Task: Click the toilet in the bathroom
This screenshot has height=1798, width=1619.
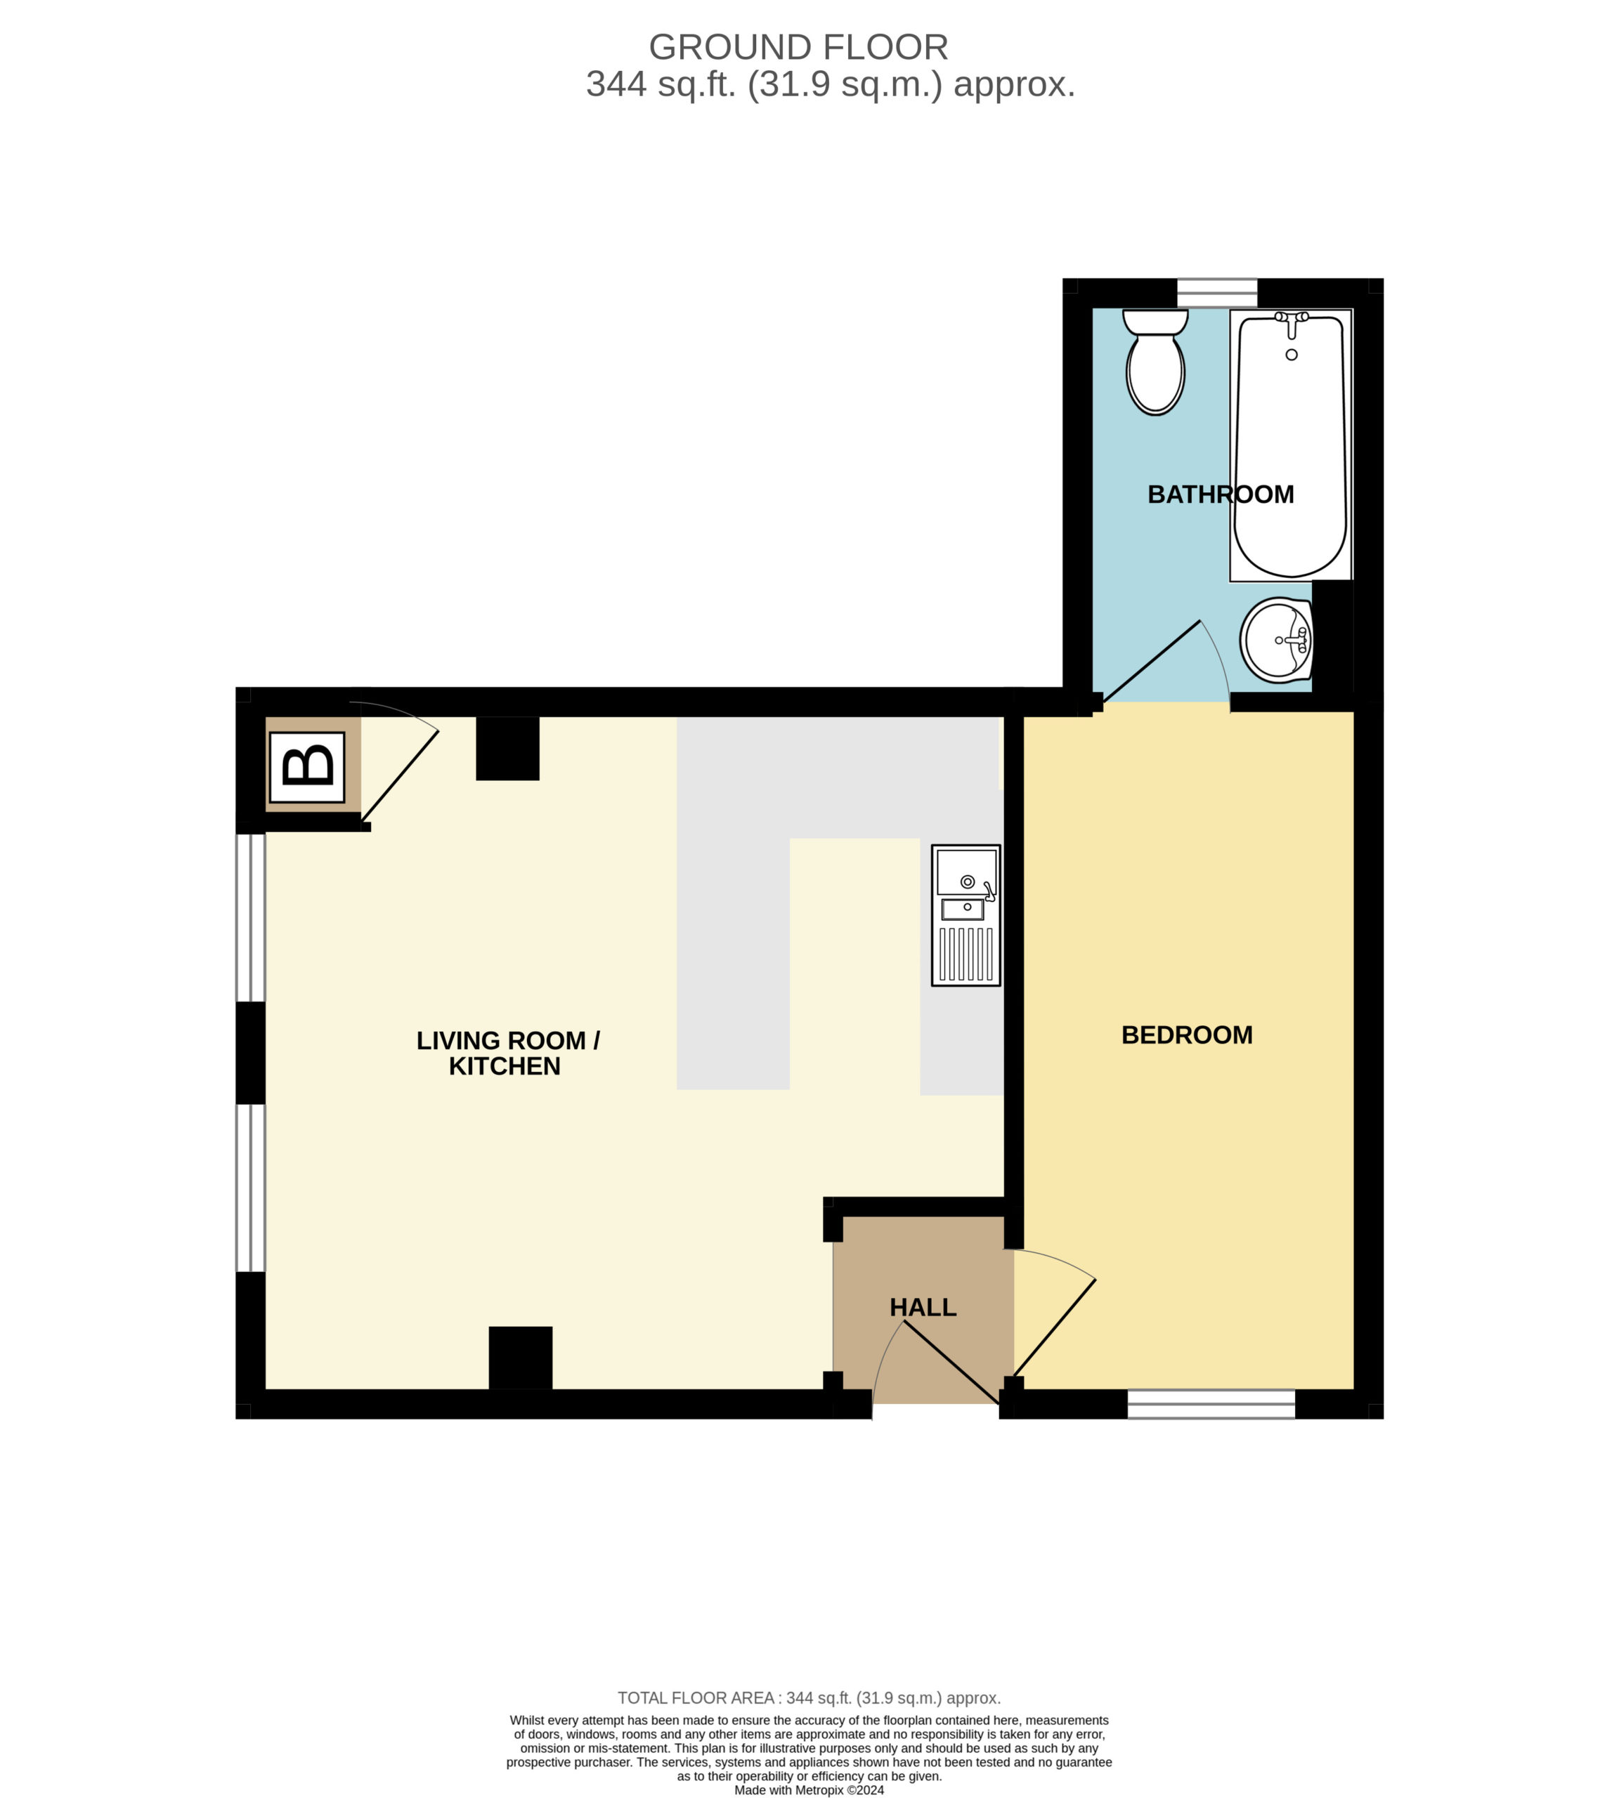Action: (1155, 361)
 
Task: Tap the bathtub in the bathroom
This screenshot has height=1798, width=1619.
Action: (1291, 445)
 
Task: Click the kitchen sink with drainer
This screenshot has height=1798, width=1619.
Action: (965, 915)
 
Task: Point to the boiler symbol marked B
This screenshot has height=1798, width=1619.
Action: (307, 766)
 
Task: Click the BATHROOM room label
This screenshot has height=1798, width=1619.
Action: (1221, 494)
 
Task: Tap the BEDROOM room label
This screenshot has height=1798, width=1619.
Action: (1187, 1035)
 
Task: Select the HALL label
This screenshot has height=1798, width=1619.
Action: (923, 1307)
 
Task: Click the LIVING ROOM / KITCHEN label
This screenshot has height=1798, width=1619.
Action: (507, 1053)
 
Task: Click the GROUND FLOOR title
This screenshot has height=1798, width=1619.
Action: (798, 47)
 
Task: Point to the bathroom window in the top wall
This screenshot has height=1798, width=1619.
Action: (1217, 293)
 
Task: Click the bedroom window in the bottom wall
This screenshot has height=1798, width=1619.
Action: (1211, 1404)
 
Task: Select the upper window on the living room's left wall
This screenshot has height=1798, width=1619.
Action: (251, 918)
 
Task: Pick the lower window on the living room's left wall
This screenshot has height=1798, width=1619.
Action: (251, 1188)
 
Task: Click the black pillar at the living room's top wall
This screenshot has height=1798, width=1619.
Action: (507, 748)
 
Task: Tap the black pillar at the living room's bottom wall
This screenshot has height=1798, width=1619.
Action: (521, 1358)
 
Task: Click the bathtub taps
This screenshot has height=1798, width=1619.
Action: (1292, 322)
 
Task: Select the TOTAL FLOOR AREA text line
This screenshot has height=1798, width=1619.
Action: (809, 1698)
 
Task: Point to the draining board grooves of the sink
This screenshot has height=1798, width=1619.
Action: (966, 954)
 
